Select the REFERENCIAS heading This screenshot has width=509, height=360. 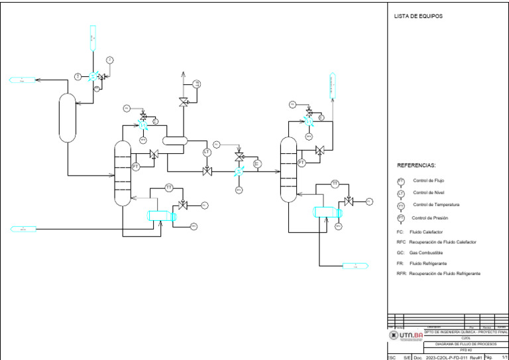416,165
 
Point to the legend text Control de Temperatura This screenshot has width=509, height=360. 435,205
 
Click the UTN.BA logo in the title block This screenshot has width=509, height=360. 406,336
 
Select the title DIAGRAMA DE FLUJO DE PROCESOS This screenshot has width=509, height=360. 465,345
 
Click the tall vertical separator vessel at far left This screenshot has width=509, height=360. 66,117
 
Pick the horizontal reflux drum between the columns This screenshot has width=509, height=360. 176,141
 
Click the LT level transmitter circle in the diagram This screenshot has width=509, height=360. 207,153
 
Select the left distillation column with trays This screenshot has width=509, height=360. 123,173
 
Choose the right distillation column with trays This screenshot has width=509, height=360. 288,170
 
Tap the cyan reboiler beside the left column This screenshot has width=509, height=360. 161,216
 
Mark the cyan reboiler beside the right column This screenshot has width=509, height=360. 327,211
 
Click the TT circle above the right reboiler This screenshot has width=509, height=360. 335,184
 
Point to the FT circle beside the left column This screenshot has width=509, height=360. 136,166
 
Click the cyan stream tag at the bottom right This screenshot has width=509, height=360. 355,266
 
